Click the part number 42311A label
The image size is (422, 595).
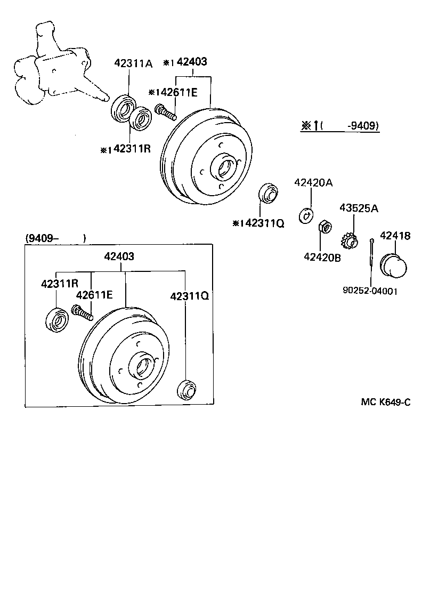coord(133,64)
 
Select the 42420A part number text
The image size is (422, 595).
coord(313,183)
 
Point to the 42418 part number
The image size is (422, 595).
coord(395,235)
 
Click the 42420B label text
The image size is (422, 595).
coord(322,257)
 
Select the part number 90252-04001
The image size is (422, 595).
coord(370,291)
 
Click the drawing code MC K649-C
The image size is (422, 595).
coord(386,402)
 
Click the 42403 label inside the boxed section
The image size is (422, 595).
coord(119,256)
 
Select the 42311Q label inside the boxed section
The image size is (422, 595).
coord(189,295)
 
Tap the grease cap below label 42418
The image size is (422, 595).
coord(393,265)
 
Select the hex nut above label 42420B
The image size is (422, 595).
coord(326,228)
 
